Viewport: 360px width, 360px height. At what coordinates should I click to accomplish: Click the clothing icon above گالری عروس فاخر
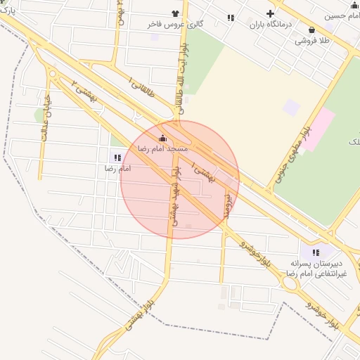[x=175, y=13]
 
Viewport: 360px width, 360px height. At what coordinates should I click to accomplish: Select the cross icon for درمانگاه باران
[x=270, y=13]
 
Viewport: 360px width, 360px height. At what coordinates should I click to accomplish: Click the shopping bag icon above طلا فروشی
[x=311, y=30]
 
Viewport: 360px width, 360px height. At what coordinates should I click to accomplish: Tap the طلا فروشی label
[x=311, y=41]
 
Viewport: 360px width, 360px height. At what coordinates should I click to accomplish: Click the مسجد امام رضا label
[x=162, y=149]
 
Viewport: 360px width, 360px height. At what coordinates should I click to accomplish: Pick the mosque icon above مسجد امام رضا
[x=163, y=138]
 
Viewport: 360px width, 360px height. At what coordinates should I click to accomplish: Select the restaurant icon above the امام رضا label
[x=117, y=157]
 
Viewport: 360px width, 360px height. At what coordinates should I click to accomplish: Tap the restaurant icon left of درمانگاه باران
[x=231, y=18]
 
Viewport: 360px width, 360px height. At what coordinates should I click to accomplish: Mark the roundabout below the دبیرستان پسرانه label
[x=288, y=283]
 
